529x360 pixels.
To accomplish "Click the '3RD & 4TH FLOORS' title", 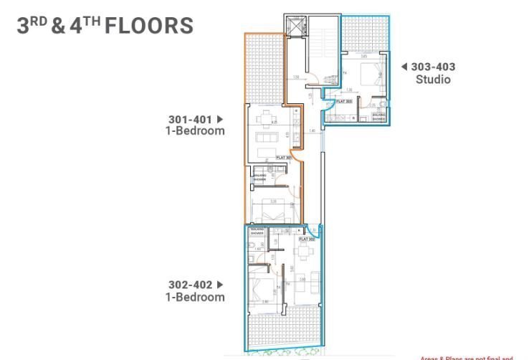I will (x=105, y=26).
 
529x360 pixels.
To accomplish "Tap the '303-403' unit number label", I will (x=433, y=67).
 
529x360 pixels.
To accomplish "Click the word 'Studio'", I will (x=433, y=80).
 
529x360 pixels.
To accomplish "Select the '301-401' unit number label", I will (x=190, y=119).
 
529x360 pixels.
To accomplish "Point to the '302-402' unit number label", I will (x=189, y=284).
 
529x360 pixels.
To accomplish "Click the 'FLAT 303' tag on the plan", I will (x=344, y=102).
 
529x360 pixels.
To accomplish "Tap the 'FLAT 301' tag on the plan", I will (x=284, y=157).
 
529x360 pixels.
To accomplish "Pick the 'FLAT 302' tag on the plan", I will (x=308, y=239).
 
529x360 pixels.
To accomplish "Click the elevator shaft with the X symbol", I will (x=295, y=26).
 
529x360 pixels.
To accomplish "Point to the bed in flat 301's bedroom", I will (x=266, y=211).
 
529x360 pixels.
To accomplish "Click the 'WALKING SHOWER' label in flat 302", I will (x=257, y=232).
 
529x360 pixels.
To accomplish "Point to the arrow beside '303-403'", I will (x=404, y=67).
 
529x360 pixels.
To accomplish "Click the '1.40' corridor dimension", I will (x=313, y=130).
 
